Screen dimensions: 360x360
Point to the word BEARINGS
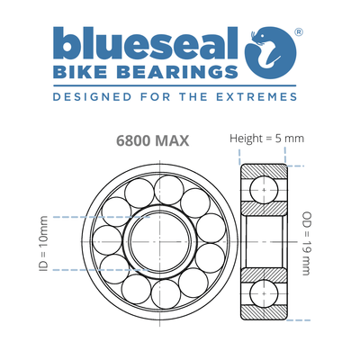[x=178, y=71]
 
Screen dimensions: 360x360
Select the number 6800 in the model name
[x=132, y=141]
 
